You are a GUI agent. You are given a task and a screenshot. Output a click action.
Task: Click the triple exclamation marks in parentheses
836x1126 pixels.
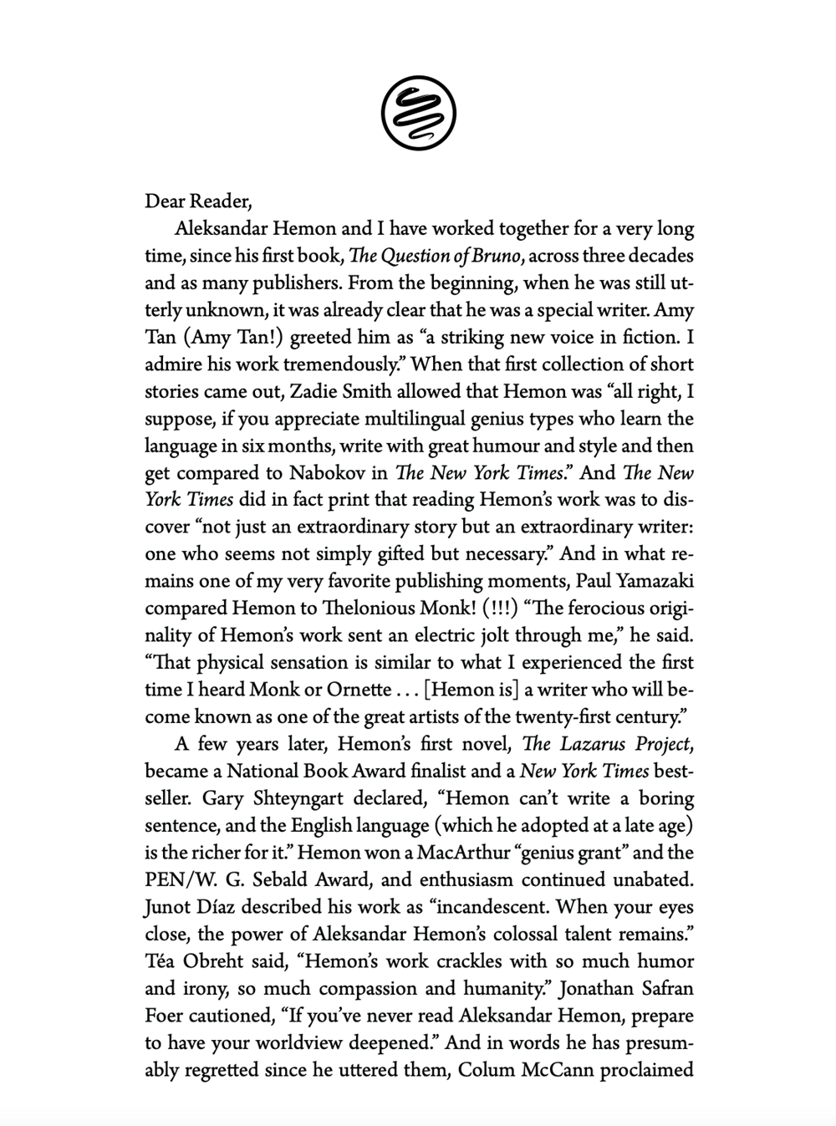pyautogui.click(x=488, y=608)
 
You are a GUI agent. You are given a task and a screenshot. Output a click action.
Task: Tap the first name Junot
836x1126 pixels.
pyautogui.click(x=168, y=907)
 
